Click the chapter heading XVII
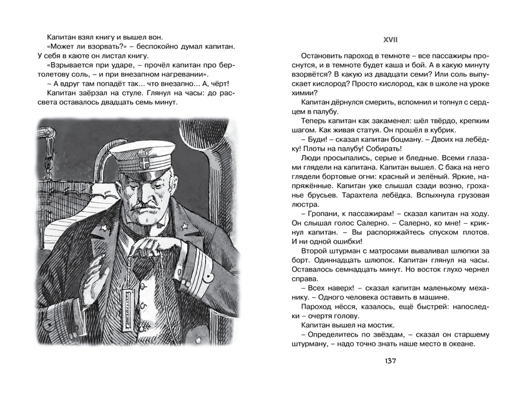tap(390, 40)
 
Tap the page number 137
tap(390, 361)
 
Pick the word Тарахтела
tap(360, 195)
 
